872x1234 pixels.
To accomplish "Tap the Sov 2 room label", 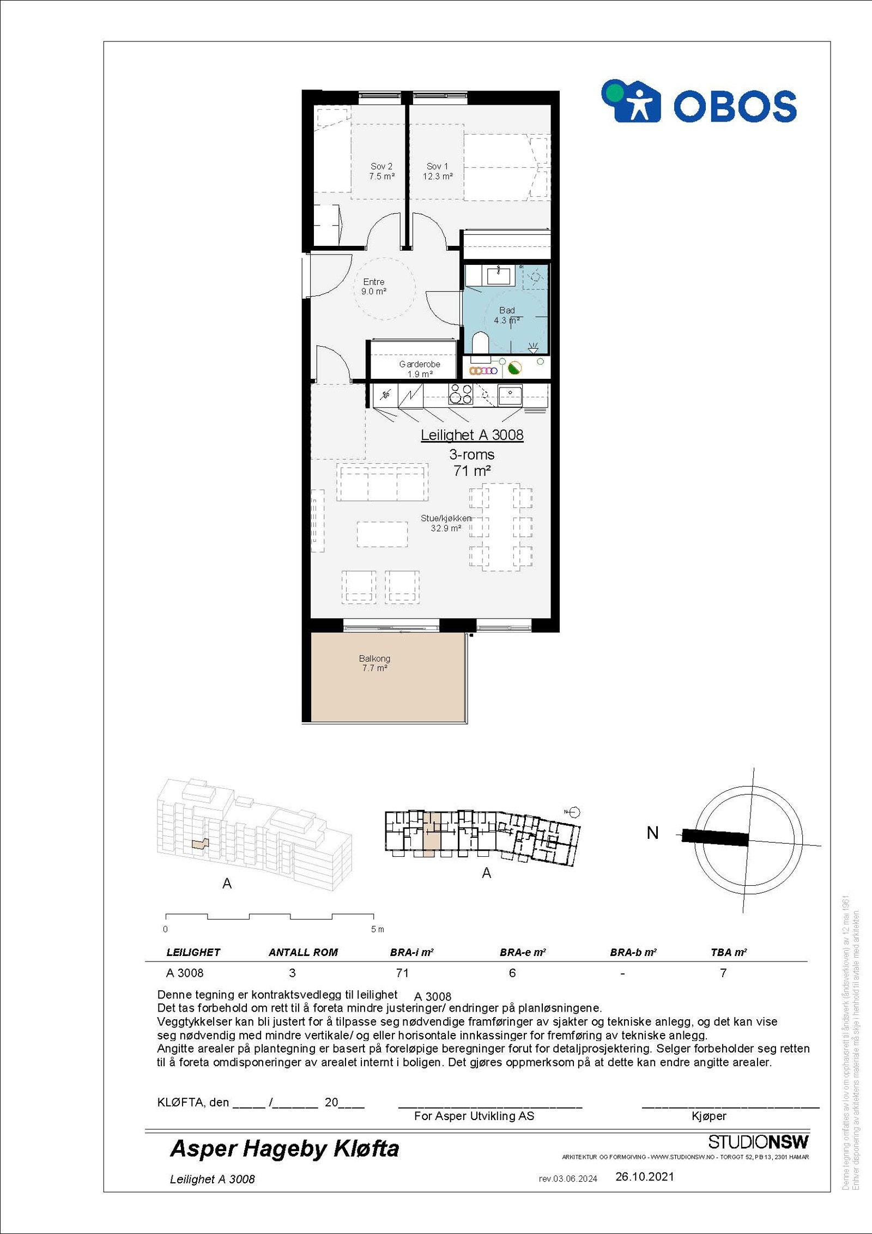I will point(381,171).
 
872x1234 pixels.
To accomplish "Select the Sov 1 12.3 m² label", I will point(438,171).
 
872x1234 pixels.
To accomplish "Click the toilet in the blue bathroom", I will point(480,343).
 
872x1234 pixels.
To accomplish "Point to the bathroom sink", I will point(498,275).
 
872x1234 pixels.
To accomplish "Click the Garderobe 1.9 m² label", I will point(419,369).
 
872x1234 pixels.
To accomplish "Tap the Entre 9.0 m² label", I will point(374,287).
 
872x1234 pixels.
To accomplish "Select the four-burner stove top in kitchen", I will point(460,394).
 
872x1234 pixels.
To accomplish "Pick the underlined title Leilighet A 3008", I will point(472,435).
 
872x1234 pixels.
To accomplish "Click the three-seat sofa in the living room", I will point(382,482).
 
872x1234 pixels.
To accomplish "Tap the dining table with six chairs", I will point(501,527).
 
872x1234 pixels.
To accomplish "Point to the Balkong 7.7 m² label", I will point(374,663).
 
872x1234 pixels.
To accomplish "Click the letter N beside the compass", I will point(652,833).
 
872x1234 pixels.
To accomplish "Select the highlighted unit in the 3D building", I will point(200,843).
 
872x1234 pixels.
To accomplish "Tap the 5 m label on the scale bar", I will point(377,929).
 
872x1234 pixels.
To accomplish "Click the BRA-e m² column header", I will point(522,952).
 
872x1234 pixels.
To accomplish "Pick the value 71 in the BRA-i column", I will point(402,973).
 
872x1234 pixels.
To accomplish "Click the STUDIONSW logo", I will point(758,1142).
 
